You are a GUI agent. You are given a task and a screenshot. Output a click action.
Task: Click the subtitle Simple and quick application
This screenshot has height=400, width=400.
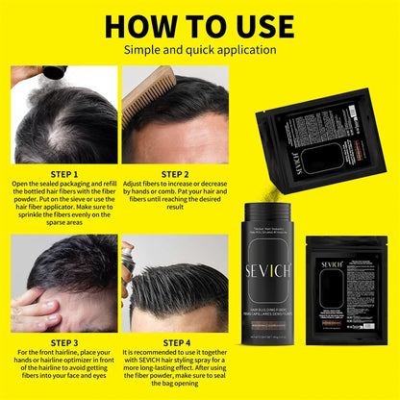coord(200,47)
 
